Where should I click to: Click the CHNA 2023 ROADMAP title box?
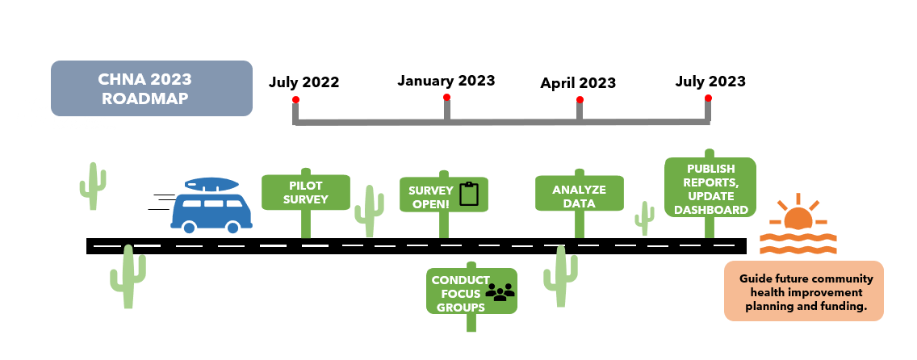click(151, 88)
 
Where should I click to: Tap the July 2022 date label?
click(304, 82)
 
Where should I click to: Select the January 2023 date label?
click(446, 81)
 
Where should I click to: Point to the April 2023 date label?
click(578, 83)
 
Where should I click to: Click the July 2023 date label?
click(710, 81)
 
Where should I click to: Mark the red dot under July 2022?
click(296, 100)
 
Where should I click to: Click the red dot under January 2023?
click(446, 98)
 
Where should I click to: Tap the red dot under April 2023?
click(580, 100)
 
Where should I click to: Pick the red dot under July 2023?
click(708, 98)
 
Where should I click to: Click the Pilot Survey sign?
click(306, 192)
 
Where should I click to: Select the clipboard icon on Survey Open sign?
click(469, 195)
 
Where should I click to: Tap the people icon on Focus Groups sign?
click(500, 292)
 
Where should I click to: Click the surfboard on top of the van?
click(212, 185)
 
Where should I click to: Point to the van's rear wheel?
click(188, 228)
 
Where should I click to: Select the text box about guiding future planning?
click(803, 291)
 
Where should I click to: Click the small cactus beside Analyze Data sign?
click(644, 218)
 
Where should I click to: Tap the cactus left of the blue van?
click(93, 186)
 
